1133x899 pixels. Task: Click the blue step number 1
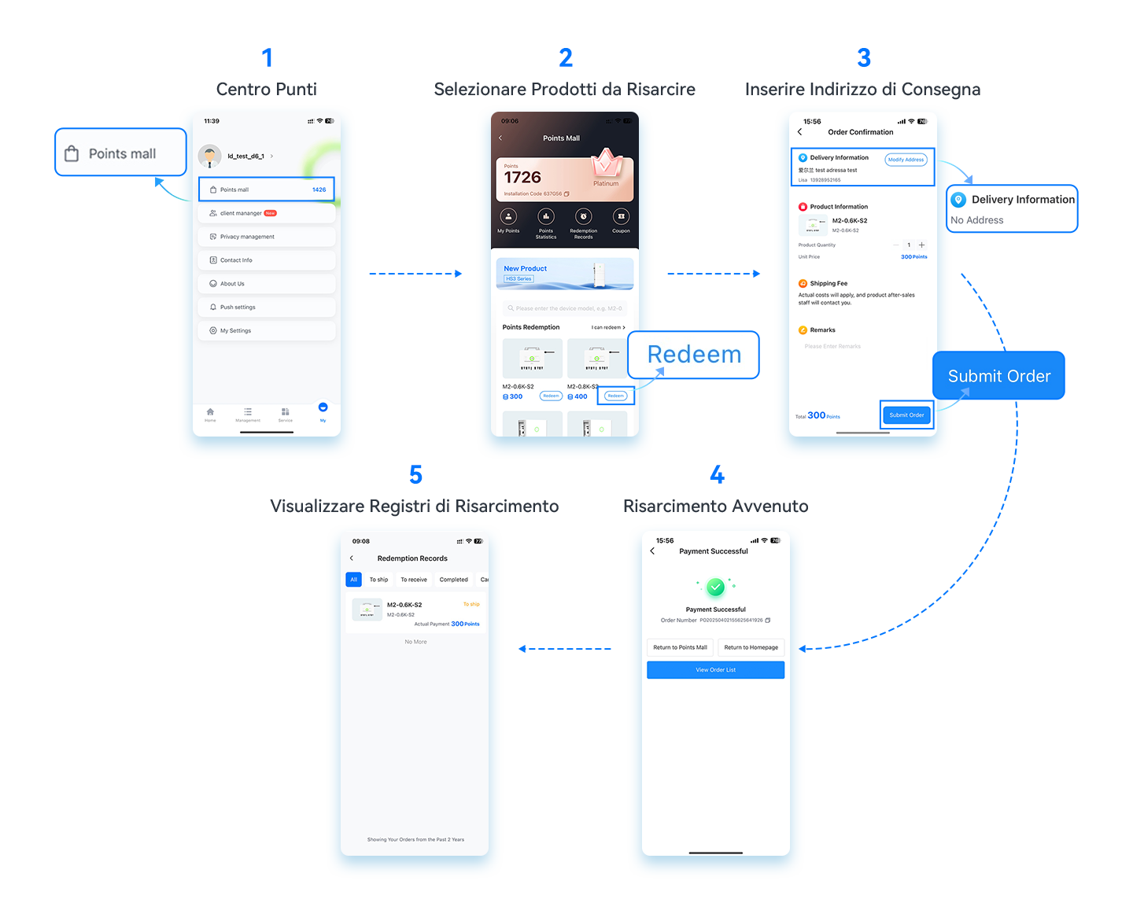[267, 58]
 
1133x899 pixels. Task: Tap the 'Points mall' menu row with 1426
[267, 190]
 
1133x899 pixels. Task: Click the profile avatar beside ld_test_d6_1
[209, 156]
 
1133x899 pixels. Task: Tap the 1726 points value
[522, 178]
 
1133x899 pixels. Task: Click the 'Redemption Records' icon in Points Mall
[583, 218]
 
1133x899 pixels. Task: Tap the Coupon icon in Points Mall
[621, 218]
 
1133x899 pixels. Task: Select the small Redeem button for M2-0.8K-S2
[616, 396]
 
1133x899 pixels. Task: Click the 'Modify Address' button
[906, 160]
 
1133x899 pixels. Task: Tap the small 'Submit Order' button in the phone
[906, 414]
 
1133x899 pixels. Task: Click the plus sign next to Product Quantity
[922, 245]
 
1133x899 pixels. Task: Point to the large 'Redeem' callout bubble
[694, 355]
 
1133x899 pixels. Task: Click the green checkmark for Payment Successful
[715, 587]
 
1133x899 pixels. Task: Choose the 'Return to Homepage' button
[751, 647]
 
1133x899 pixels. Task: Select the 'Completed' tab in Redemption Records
[453, 580]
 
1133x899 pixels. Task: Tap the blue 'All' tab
[353, 580]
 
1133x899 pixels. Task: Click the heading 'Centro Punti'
[267, 89]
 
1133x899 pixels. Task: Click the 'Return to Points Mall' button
[680, 647]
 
